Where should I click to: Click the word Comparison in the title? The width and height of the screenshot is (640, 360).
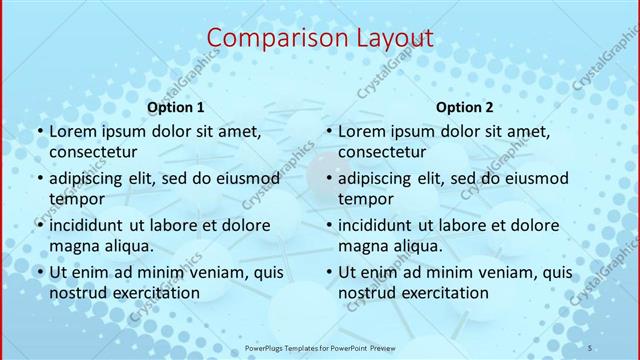click(x=268, y=39)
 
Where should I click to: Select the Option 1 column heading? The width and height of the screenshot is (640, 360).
click(x=176, y=107)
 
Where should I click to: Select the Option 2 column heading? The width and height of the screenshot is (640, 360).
click(x=465, y=107)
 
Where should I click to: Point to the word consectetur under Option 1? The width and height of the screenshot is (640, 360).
click(x=92, y=152)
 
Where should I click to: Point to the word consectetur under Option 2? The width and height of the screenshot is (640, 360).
click(x=381, y=152)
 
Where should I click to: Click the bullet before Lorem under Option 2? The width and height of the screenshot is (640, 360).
click(x=329, y=131)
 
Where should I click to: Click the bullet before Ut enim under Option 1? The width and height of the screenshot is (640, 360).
click(x=40, y=272)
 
